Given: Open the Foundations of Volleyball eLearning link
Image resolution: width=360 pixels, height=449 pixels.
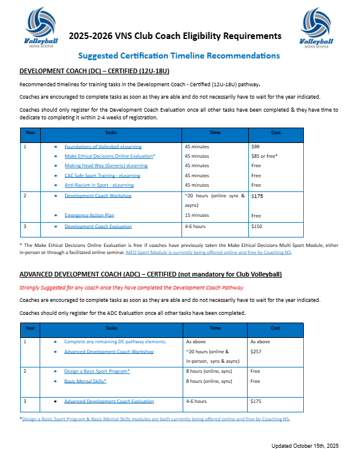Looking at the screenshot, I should coord(103,146).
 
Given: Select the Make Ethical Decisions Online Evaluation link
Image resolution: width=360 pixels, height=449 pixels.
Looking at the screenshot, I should coord(109,156).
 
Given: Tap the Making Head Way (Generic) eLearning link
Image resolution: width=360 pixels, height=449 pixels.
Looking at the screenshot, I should coord(106,166).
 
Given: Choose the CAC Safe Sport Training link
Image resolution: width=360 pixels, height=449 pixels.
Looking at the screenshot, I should coord(103,175).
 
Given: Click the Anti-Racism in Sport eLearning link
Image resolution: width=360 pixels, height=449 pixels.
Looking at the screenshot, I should coord(99,185).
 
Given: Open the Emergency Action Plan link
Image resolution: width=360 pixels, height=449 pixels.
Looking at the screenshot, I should coord(89,216).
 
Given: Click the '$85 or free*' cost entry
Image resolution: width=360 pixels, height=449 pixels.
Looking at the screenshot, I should coord(264,156).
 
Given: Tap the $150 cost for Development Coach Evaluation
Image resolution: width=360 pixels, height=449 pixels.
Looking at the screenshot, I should coord(258,226).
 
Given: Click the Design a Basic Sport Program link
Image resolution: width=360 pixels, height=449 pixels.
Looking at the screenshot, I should coord(97,371).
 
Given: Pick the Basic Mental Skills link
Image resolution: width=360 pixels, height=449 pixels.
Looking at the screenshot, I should coord(85,381).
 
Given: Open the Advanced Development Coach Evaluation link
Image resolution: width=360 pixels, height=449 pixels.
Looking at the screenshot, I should coord(109,402).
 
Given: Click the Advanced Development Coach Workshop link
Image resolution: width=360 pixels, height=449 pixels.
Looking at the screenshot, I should coord(109,352).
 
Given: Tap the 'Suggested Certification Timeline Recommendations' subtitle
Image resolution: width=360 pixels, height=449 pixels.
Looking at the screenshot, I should coord(179,56).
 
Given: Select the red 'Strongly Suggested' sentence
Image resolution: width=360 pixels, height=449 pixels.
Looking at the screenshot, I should coord(131,288).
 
